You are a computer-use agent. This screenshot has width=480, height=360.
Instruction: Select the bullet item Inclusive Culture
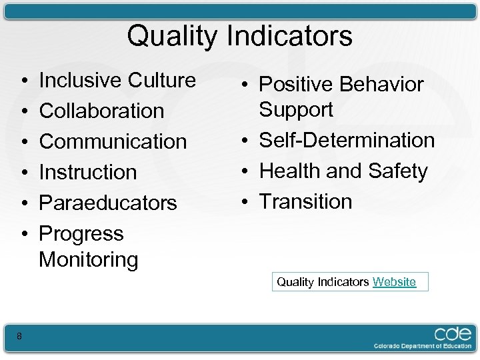[x=117, y=80]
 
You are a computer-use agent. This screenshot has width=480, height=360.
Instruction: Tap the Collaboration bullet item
[x=101, y=111]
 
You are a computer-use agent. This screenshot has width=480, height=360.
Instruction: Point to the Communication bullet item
[x=113, y=141]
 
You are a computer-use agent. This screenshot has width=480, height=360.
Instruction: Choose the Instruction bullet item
[x=88, y=172]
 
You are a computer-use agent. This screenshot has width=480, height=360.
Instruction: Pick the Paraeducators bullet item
[x=108, y=203]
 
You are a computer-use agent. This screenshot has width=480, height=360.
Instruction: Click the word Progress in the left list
[x=81, y=234]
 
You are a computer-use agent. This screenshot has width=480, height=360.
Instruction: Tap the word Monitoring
[x=89, y=259]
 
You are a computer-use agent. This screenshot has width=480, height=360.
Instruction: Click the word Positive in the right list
[x=296, y=85]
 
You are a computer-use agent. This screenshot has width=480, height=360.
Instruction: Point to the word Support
[x=296, y=109]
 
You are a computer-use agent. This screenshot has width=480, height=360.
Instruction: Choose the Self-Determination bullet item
[x=347, y=140]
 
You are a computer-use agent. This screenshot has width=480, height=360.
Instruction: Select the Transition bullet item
[x=305, y=201]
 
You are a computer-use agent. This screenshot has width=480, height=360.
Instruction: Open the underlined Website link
[x=394, y=282]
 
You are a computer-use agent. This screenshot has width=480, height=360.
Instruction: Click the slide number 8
[x=19, y=337]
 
